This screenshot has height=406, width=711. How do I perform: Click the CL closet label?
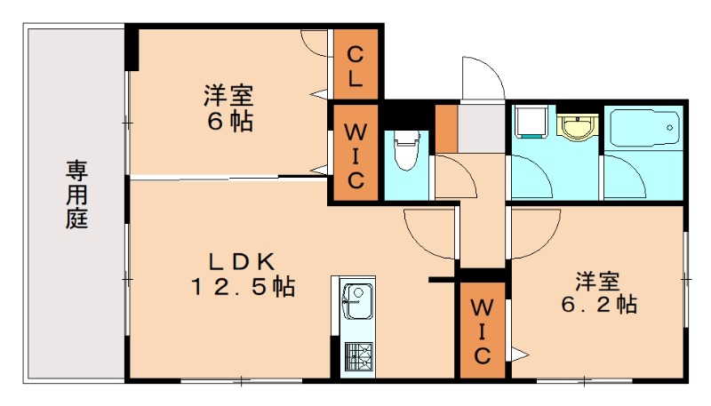355,65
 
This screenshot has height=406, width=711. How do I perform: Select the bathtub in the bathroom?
644,131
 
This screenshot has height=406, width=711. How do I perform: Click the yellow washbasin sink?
579,126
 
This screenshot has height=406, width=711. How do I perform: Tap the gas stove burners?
358,357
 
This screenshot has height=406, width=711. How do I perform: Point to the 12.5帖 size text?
242,287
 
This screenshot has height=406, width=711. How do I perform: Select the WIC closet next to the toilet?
355,155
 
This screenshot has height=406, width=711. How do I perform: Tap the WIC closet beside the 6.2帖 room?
481,331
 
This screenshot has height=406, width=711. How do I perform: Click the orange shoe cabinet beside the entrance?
445,128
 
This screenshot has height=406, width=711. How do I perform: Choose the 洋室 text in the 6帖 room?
228,93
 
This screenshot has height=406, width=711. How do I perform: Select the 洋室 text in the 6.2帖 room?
596,281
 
